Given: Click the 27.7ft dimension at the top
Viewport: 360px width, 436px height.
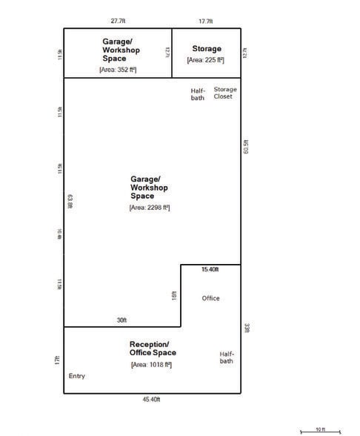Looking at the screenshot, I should (119, 22).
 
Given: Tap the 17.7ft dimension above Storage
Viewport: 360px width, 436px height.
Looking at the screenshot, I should (207, 22).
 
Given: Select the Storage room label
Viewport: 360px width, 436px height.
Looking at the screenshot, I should (207, 49).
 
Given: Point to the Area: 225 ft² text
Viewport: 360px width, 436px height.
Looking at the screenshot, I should (206, 59).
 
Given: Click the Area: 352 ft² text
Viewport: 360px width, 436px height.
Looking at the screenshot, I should (118, 69).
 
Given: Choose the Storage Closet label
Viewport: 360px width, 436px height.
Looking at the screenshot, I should (225, 93).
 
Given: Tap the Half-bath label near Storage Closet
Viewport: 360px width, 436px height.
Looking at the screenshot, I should (198, 94).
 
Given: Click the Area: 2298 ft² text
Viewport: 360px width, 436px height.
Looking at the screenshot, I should (150, 208).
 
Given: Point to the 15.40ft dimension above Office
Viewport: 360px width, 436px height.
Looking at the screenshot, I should (210, 270).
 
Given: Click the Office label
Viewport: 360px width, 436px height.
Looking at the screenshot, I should (211, 298).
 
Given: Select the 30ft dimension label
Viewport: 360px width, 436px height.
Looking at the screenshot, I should (121, 320).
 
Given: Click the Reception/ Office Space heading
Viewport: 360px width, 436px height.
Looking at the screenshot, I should (152, 349).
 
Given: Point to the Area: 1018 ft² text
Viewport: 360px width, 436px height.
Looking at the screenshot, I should (152, 364).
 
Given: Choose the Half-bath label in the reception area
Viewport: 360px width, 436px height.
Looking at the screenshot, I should (227, 357).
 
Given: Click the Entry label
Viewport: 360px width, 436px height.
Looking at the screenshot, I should (77, 376).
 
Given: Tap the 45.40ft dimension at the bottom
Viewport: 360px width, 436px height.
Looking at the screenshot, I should (153, 400).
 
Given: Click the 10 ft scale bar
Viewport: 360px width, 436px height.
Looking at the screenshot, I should (319, 430).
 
